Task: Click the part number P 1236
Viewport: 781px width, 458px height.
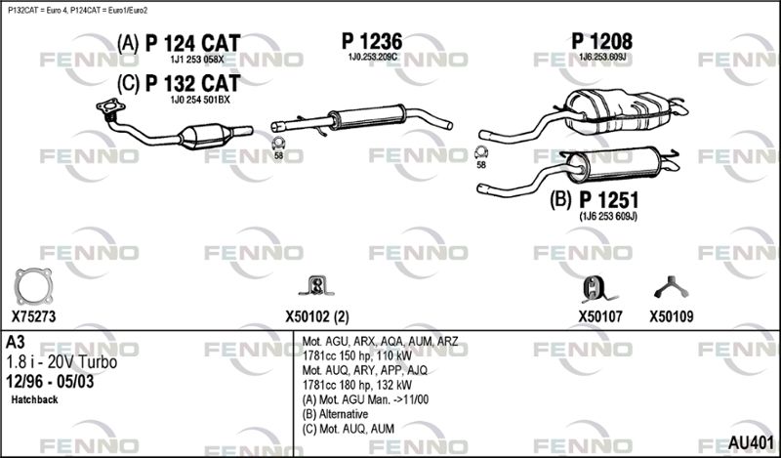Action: tap(372, 41)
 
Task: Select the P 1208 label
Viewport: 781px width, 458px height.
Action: tap(601, 41)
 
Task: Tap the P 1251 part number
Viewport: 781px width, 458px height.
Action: tap(608, 200)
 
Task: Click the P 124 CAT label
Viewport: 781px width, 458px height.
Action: tap(192, 43)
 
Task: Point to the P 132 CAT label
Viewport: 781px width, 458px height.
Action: tap(192, 83)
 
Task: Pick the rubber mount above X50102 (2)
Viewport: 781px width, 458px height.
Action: tap(316, 286)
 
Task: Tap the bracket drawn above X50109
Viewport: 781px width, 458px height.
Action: tap(671, 287)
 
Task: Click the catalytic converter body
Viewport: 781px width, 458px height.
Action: tap(206, 136)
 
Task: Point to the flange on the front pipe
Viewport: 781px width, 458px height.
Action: tap(110, 106)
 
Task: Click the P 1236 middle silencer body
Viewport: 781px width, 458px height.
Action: tap(368, 116)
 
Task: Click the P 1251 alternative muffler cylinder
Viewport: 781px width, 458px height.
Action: tap(614, 164)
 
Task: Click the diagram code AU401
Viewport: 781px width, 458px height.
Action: tap(751, 442)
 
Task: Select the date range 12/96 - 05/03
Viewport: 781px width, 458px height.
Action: tap(50, 382)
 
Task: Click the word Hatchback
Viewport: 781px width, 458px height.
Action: tap(34, 399)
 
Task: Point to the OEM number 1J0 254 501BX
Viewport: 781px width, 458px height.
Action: tap(200, 100)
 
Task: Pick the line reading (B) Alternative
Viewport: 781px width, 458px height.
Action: tap(335, 414)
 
